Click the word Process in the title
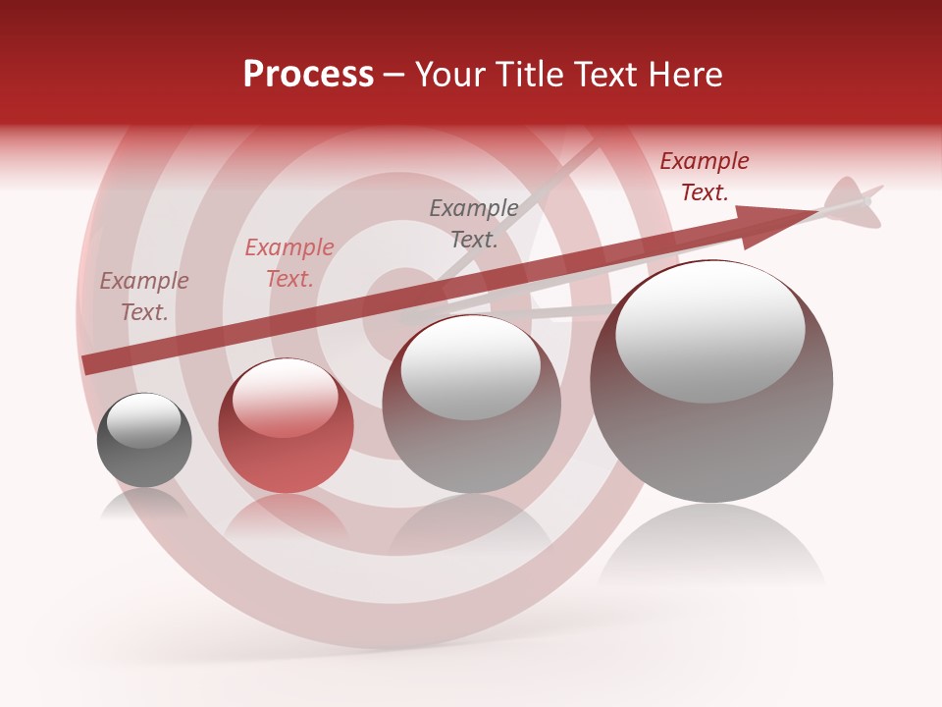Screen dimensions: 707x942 click(308, 75)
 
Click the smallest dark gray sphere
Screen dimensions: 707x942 click(144, 441)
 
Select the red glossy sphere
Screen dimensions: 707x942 click(286, 427)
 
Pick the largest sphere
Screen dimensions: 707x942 click(711, 383)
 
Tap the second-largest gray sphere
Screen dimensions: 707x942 click(472, 405)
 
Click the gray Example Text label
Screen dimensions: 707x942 click(474, 223)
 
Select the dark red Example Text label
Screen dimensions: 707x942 click(704, 177)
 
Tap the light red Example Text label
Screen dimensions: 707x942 click(289, 263)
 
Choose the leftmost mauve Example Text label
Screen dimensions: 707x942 click(144, 297)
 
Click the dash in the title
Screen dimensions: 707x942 click(393, 75)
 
